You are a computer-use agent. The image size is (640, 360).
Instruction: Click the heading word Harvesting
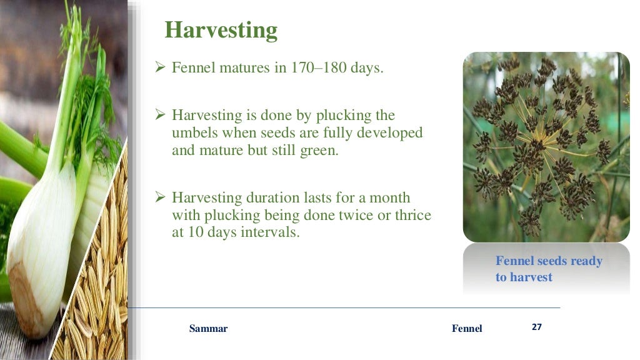(221, 30)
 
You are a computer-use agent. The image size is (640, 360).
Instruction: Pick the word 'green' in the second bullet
(316, 151)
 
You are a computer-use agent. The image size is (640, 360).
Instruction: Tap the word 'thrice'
(409, 215)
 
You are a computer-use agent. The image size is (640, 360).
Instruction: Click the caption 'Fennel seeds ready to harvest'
(548, 269)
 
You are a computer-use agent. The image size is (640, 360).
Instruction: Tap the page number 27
(536, 327)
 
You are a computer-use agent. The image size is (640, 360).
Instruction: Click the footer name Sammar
(208, 329)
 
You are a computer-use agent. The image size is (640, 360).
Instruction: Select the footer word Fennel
(467, 329)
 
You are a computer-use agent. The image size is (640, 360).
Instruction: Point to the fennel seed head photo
(546, 147)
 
